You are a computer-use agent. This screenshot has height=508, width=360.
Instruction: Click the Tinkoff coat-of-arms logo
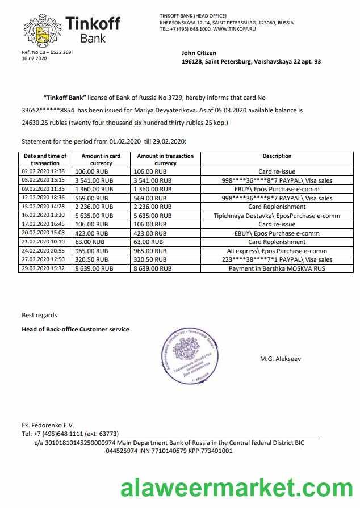coord(40,31)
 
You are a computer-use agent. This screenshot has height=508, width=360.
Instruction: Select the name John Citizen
coord(199,53)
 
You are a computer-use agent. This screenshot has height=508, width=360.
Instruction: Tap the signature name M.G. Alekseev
coord(281,359)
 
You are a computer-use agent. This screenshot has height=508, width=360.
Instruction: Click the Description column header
coord(277,156)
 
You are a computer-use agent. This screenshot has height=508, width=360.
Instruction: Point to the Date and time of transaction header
coord(45,159)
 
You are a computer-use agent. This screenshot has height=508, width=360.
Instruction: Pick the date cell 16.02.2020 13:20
coord(44,216)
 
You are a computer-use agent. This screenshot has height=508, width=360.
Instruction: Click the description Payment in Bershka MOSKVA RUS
coord(277,268)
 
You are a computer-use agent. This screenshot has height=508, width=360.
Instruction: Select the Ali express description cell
coord(277,251)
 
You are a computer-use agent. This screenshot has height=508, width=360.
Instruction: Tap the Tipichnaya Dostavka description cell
coord(277,216)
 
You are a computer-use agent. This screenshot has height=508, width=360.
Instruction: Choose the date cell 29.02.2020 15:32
coord(44,268)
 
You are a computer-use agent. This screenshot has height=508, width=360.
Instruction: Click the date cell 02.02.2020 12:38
coord(44,171)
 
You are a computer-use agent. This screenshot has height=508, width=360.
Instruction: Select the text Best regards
coord(39,315)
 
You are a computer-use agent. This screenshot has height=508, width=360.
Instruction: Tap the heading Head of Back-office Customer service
coord(76,329)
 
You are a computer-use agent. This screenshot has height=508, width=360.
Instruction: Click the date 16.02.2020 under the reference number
coord(34,58)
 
